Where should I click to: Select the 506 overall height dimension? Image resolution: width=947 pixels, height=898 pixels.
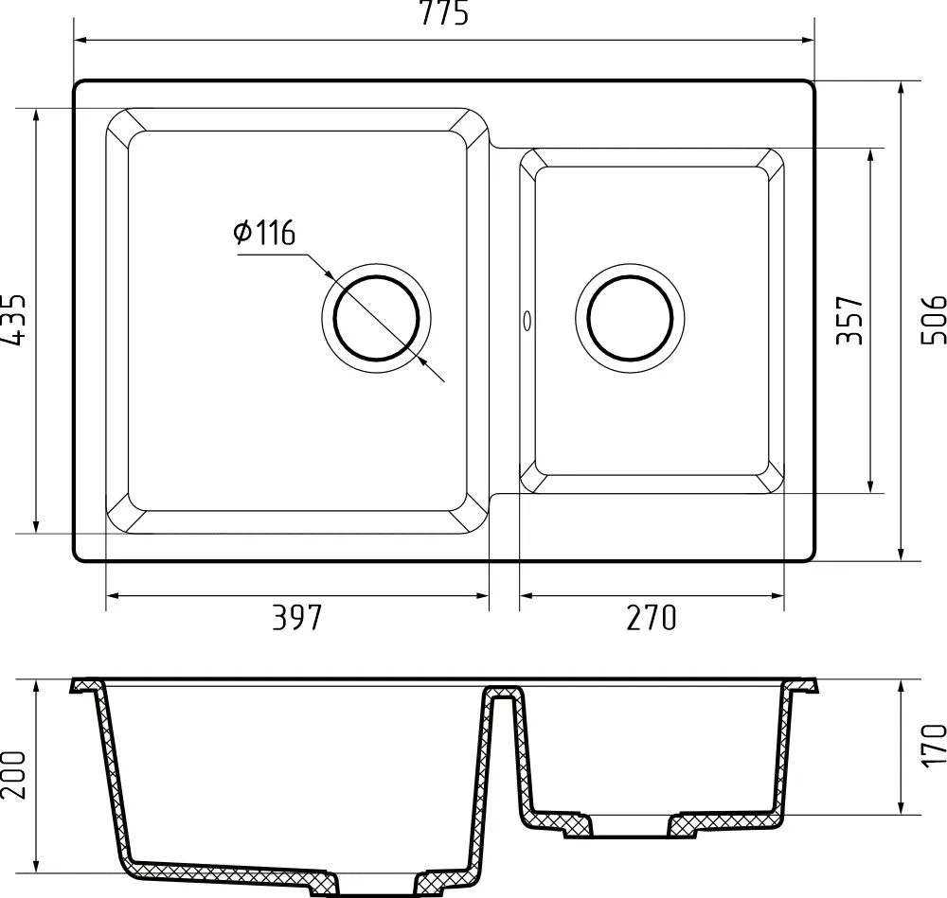(933, 319)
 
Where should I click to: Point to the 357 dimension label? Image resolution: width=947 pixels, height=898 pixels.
(849, 320)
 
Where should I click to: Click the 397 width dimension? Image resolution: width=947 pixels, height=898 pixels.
(297, 618)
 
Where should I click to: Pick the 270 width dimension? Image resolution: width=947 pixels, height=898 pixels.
(652, 618)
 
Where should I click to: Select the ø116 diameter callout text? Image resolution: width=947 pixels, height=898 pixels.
(264, 233)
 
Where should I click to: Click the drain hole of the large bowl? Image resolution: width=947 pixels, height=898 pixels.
(377, 318)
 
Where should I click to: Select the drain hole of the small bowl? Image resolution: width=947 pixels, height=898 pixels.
(631, 318)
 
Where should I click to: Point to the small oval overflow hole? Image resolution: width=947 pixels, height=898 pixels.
(526, 321)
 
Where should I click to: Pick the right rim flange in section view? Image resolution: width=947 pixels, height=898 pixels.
(803, 685)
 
